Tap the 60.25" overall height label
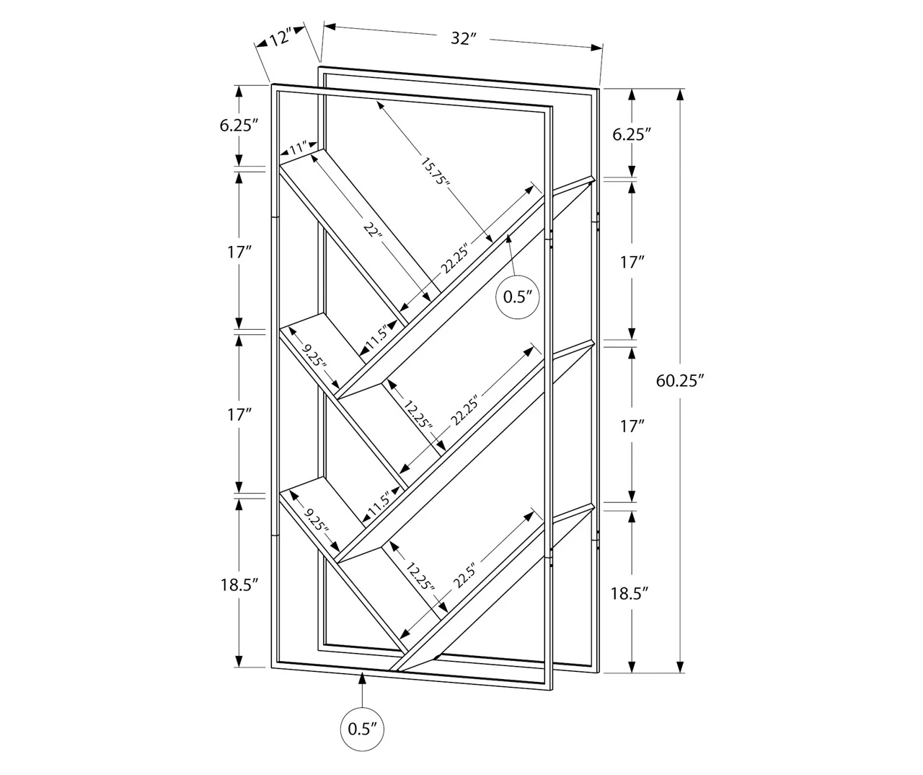[x=679, y=380]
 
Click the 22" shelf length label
[x=372, y=231]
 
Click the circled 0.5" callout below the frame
[x=362, y=728]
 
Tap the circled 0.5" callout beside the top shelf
[x=518, y=297]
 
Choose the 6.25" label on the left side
[x=239, y=125]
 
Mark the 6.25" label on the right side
[x=632, y=133]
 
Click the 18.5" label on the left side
[x=239, y=585]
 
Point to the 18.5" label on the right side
[x=630, y=593]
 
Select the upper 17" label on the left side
[x=239, y=252]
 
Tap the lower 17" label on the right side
[x=632, y=426]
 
